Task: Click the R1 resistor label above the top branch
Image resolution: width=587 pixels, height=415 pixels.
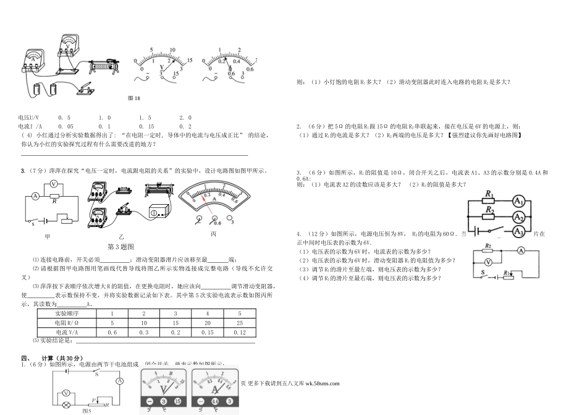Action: point(489,195)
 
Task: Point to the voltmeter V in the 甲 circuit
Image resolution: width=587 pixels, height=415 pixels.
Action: point(53,184)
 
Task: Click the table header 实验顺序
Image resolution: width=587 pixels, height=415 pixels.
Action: point(67,314)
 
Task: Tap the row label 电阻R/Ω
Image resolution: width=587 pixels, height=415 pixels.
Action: point(67,323)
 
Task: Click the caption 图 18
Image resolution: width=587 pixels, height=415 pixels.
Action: point(134,98)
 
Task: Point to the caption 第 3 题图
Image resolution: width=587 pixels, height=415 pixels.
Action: point(121,246)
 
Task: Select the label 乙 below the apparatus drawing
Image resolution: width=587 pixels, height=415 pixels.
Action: point(121,237)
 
